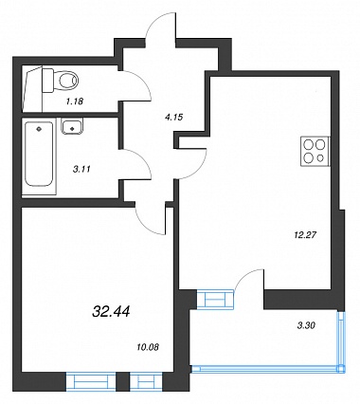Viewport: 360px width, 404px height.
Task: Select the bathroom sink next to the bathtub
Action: click(x=72, y=127)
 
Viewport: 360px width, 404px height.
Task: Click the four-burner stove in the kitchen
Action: click(x=315, y=152)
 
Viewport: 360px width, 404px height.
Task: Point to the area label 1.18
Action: click(x=75, y=101)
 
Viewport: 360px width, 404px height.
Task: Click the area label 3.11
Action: click(x=81, y=169)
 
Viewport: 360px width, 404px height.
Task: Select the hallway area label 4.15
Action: click(x=174, y=118)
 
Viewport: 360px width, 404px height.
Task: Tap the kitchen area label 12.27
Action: click(x=305, y=235)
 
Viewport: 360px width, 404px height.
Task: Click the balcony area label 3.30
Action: click(x=306, y=325)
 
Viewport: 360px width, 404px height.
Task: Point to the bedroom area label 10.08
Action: click(x=148, y=347)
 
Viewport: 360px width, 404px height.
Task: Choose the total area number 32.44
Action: click(x=111, y=312)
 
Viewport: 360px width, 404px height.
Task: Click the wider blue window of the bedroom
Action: click(x=91, y=381)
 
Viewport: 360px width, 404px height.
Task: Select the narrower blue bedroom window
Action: click(x=146, y=381)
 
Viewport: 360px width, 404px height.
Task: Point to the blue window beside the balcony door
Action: click(x=215, y=299)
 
